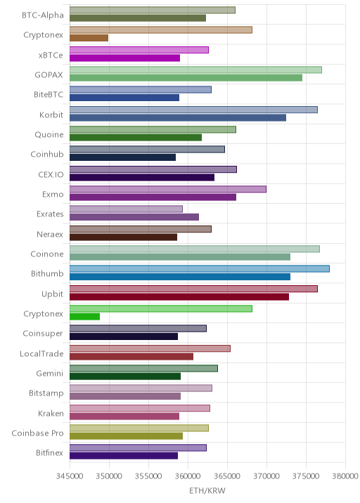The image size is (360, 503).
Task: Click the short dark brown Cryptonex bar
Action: [89, 38]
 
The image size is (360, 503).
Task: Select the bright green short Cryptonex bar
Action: [85, 317]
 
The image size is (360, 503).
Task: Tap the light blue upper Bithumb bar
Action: [200, 269]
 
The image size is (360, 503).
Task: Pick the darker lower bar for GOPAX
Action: [186, 78]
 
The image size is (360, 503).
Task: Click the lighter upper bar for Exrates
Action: [126, 209]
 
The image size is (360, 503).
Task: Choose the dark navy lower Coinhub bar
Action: [122, 157]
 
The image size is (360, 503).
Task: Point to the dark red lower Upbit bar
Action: [179, 296]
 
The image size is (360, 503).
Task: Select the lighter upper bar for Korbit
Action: [193, 110]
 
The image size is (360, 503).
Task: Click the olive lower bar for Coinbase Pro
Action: [126, 436]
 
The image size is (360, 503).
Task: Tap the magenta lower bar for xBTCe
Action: [124, 58]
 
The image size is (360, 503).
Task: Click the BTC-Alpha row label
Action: [43, 15]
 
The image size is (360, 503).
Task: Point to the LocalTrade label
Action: [41, 353]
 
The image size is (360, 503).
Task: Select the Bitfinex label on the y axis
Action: [49, 452]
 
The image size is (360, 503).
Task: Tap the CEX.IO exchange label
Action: [51, 174]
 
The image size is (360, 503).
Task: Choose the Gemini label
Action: [50, 374]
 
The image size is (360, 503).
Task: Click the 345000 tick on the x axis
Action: [70, 476]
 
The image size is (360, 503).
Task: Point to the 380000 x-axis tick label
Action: [345, 476]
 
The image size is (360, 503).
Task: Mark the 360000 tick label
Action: [188, 476]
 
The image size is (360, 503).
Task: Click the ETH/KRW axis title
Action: [207, 490]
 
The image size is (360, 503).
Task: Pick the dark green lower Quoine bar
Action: [136, 137]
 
